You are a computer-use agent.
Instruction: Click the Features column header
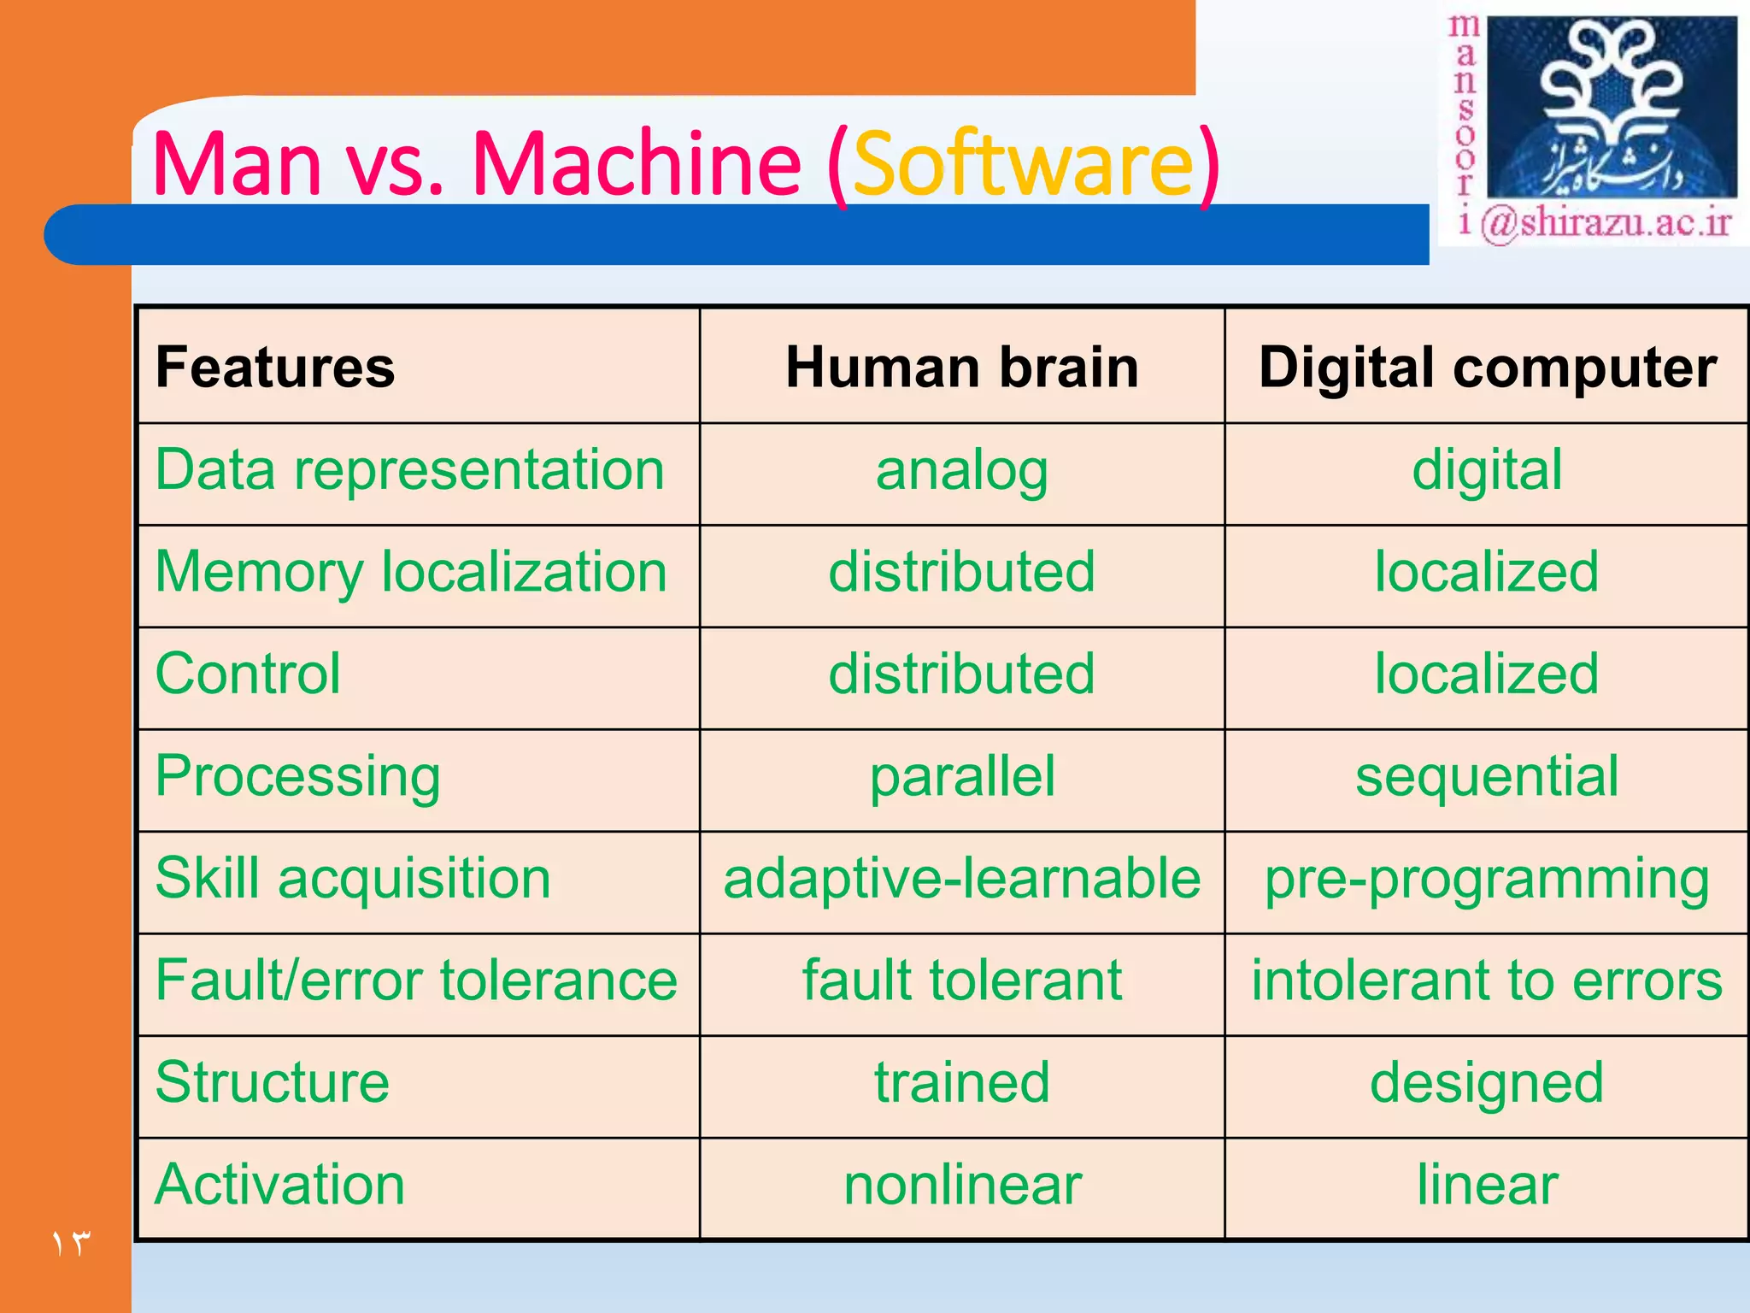pos(275,368)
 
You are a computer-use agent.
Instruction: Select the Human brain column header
pos(962,368)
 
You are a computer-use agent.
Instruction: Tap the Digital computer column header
pos(1488,368)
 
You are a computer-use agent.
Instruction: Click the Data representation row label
pos(410,470)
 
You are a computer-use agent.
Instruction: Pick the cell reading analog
pos(962,471)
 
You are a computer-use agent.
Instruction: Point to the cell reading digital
pos(1488,470)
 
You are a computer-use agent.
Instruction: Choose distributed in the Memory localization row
pos(962,572)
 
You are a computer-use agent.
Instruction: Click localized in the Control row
pos(1488,674)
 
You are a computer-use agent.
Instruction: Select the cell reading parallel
pos(962,776)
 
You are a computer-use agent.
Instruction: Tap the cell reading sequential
pos(1488,776)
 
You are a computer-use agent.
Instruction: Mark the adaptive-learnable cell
pos(962,879)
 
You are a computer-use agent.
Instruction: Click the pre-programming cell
pos(1488,879)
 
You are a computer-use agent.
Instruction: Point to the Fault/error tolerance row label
pos(416,980)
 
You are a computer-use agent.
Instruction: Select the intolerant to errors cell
pos(1488,980)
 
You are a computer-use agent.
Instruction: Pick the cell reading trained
pos(962,1082)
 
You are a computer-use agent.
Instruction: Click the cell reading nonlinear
pos(962,1185)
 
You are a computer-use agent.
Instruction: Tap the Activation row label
pos(280,1185)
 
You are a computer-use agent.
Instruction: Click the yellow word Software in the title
pos(1023,163)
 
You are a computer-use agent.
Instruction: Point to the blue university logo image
pos(1612,108)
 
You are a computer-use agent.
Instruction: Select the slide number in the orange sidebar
pos(71,1243)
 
